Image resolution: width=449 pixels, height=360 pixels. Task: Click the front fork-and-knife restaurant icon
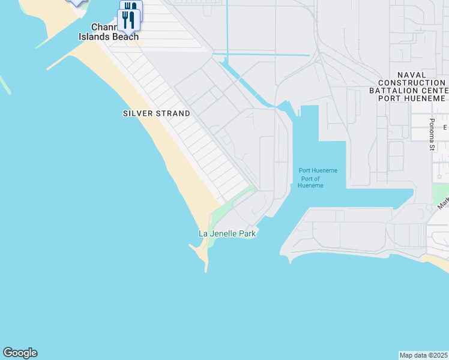click(130, 20)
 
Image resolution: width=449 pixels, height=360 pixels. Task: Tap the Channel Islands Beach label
click(109, 32)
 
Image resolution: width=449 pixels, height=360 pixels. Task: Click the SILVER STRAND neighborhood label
click(156, 113)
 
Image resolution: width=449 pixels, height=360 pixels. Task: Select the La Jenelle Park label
click(228, 233)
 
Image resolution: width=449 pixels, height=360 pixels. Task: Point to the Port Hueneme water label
click(318, 170)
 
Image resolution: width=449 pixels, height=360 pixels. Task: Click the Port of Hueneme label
click(311, 182)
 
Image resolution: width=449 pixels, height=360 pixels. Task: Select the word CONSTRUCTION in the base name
click(412, 83)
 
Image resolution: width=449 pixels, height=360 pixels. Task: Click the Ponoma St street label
click(431, 134)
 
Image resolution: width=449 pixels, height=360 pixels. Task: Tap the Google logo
click(20, 353)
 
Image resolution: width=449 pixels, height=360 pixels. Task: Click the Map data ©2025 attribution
click(424, 355)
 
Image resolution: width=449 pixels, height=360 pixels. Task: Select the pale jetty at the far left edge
click(5, 85)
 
